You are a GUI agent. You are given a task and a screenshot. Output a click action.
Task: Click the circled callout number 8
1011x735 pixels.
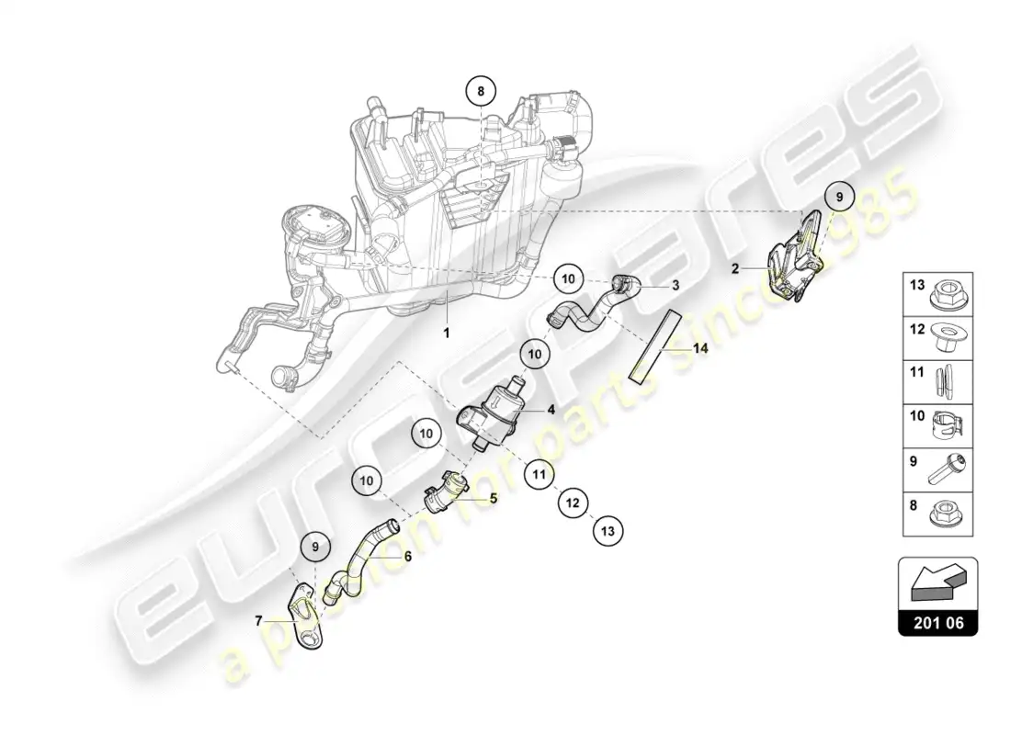coord(481,92)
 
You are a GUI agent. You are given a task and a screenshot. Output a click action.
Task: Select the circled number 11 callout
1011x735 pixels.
coord(539,475)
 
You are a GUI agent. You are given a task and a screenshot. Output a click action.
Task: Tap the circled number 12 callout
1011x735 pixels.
coord(574,503)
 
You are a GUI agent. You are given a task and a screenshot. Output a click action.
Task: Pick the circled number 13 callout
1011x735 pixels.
coord(608,531)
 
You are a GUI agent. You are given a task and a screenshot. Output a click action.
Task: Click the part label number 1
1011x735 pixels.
coord(446,334)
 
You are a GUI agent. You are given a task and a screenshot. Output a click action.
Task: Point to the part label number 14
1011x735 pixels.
coord(701,348)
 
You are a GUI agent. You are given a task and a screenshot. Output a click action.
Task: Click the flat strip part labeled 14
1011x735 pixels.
coord(654,347)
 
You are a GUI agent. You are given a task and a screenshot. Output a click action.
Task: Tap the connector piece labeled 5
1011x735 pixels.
coord(444,492)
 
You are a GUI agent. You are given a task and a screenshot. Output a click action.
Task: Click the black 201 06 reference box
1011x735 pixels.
coord(938,622)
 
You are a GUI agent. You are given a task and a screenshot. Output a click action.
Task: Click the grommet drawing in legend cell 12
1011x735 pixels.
coord(948,337)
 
